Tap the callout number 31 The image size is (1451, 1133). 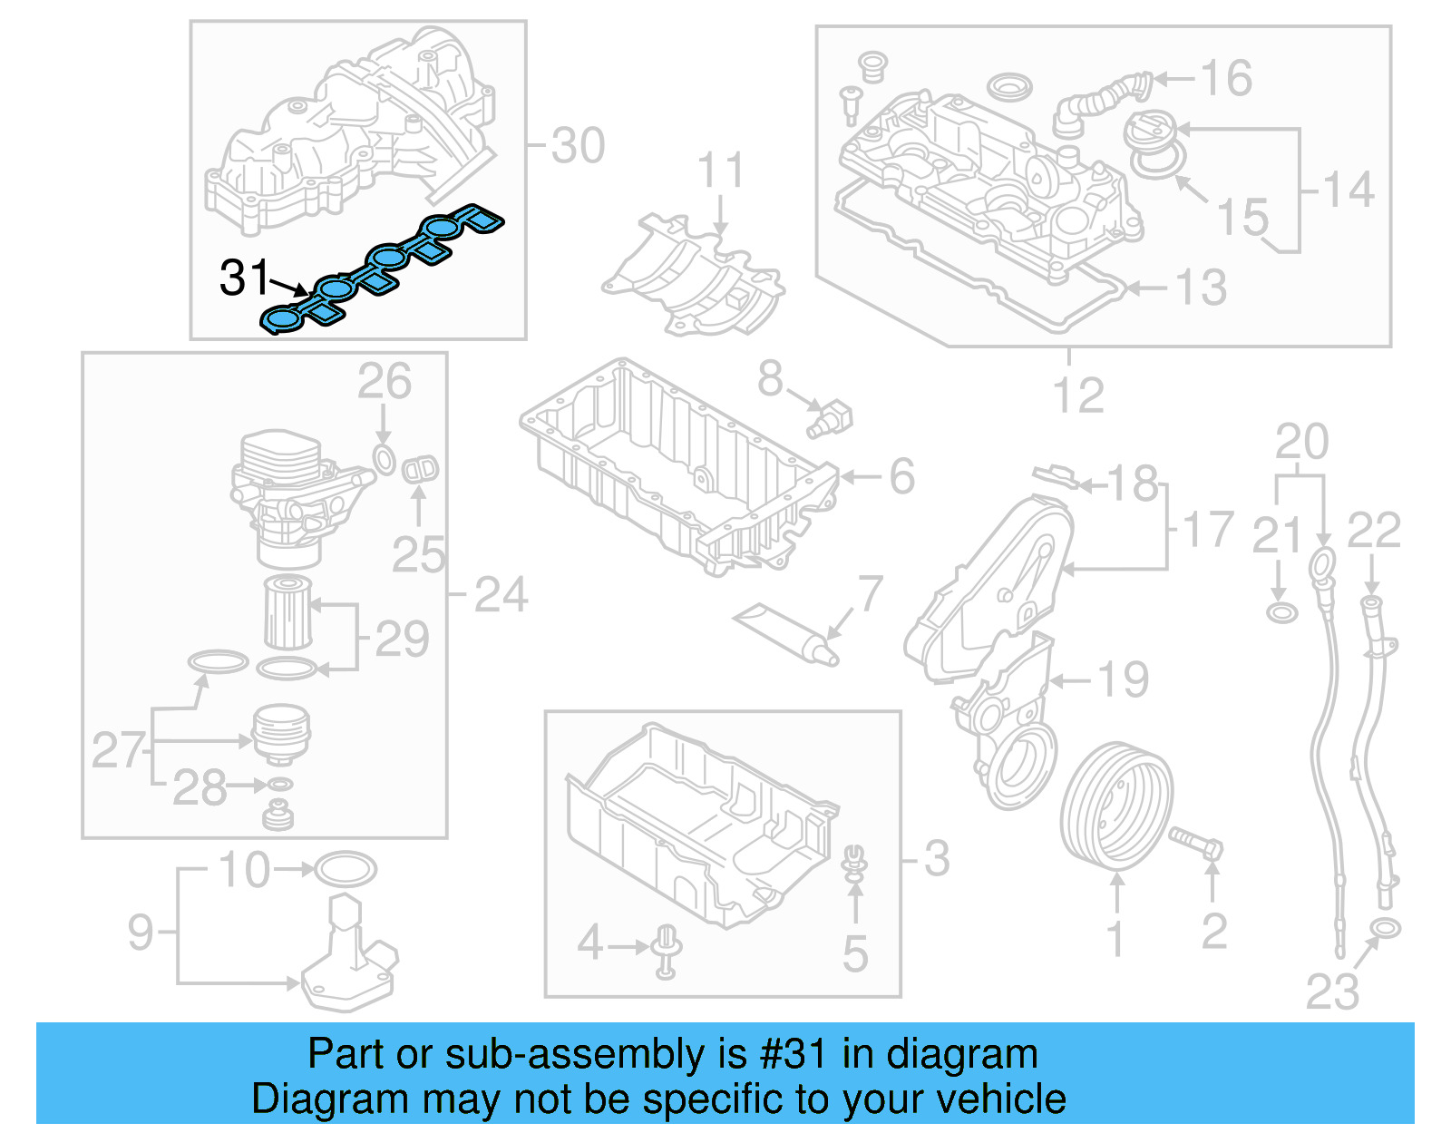[x=245, y=278]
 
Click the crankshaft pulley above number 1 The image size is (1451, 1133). [x=1116, y=803]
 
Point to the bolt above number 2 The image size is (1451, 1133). [x=1195, y=843]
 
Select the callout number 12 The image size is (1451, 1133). [x=1078, y=396]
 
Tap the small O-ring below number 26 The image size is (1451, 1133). [x=385, y=459]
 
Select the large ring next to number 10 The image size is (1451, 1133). [x=345, y=869]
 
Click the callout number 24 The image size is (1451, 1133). [x=501, y=595]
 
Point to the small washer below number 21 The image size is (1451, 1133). [x=1281, y=612]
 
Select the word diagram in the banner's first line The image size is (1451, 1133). [x=961, y=1054]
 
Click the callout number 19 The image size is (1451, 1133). [x=1123, y=679]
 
